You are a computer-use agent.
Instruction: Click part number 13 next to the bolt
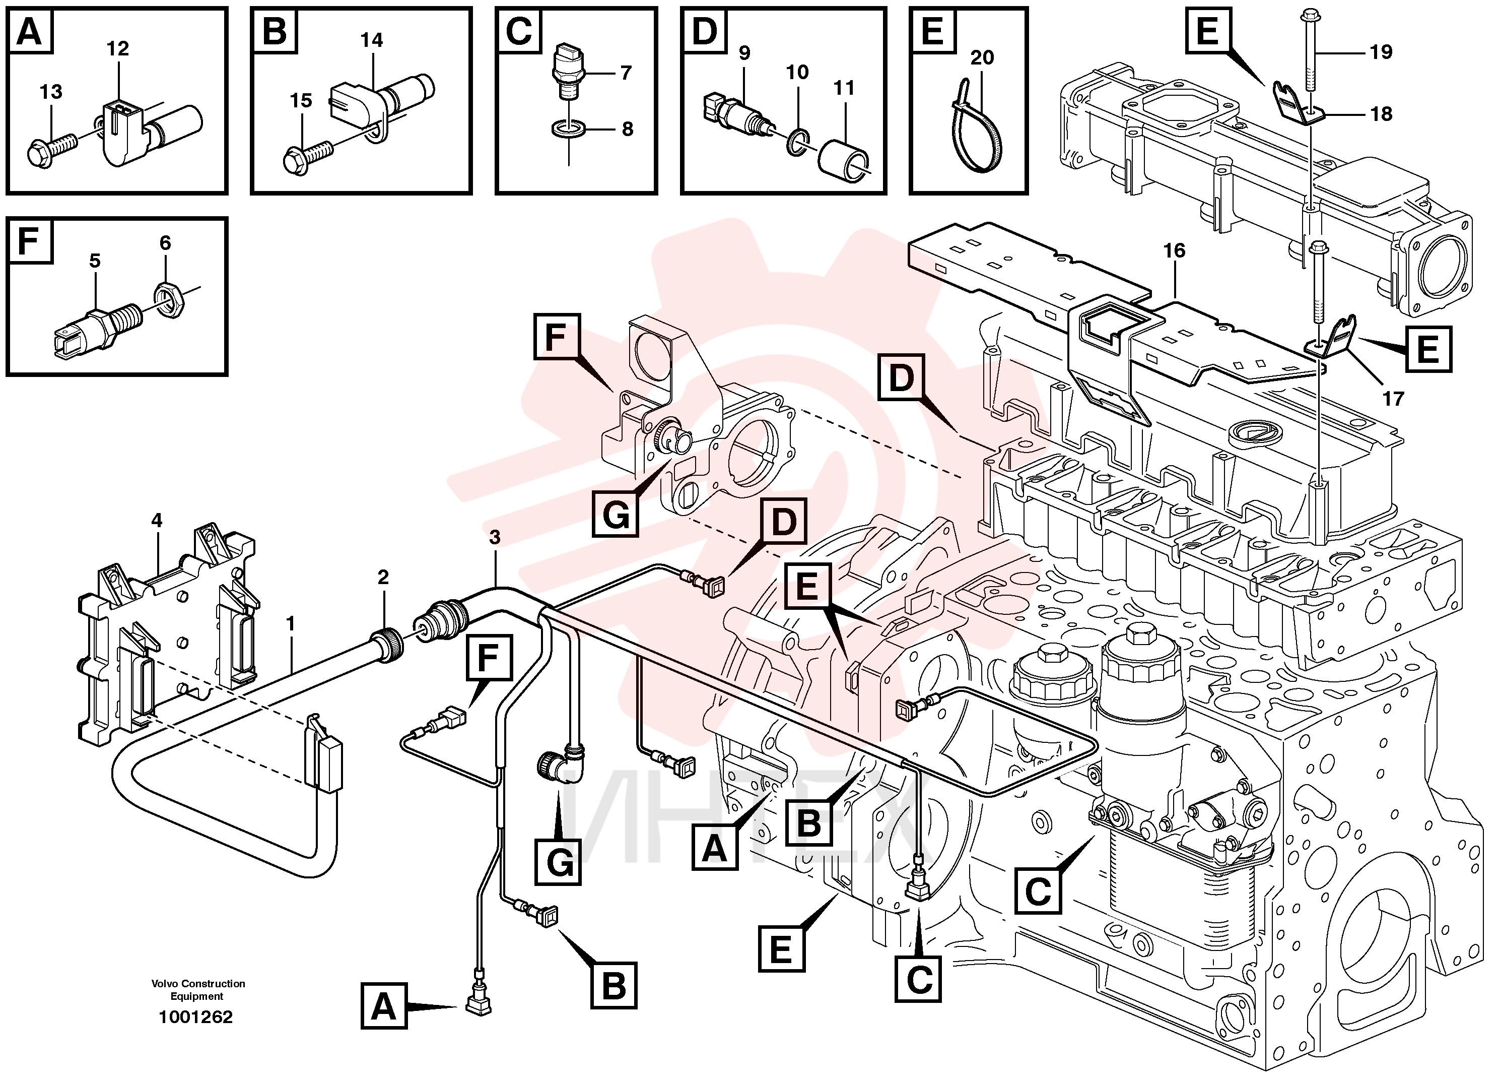coord(51,91)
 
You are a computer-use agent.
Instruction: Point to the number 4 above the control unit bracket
coord(156,520)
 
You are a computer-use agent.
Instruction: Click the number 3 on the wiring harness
coord(495,538)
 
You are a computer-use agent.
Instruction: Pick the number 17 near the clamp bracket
coord(1393,399)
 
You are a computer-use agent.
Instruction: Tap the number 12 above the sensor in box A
coord(118,48)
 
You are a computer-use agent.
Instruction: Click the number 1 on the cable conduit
coord(290,623)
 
